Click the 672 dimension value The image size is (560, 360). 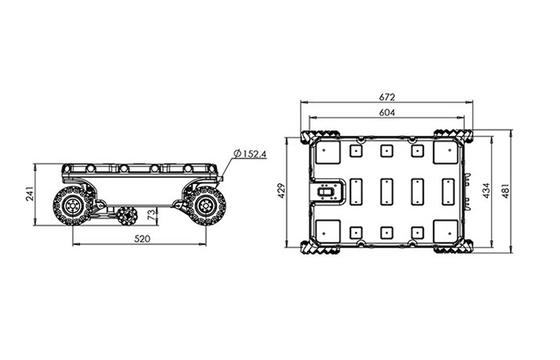(387, 97)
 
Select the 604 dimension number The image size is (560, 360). (387, 113)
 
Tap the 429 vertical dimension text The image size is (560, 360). (282, 191)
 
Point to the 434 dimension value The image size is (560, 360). (486, 191)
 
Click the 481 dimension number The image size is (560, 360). (506, 191)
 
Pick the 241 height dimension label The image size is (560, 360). (30, 194)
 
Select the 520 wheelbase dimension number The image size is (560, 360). (142, 238)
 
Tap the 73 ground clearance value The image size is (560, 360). (152, 214)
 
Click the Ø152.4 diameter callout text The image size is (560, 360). (250, 154)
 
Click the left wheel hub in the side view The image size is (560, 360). (73, 206)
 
